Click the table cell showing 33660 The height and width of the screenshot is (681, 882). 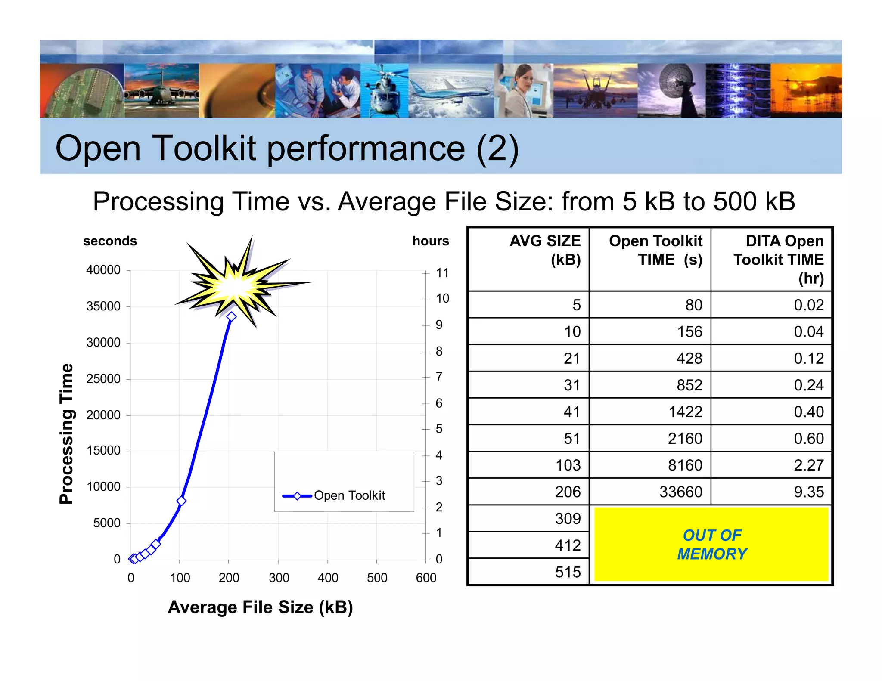coord(680,492)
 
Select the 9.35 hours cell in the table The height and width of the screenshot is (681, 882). coord(808,492)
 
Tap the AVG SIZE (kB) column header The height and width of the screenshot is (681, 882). coord(545,251)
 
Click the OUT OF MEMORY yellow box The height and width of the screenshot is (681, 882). coord(711,545)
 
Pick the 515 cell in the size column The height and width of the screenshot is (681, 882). coord(568,572)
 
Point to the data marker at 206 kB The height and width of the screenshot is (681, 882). coord(232,317)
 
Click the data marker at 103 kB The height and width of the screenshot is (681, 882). coord(181,501)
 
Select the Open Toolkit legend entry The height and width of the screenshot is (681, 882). coord(334,496)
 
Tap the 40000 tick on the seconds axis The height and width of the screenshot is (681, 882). coord(103,270)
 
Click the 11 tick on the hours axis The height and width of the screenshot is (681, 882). coord(442,273)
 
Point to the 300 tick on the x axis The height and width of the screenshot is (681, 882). coord(279,578)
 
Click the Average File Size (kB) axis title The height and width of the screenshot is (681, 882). coord(260,607)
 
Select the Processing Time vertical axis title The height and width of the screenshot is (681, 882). coord(66,433)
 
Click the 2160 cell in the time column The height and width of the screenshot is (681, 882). coord(685,439)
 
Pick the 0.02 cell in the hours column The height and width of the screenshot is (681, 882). coord(808,305)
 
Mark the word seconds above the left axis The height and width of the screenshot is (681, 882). coord(110,241)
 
